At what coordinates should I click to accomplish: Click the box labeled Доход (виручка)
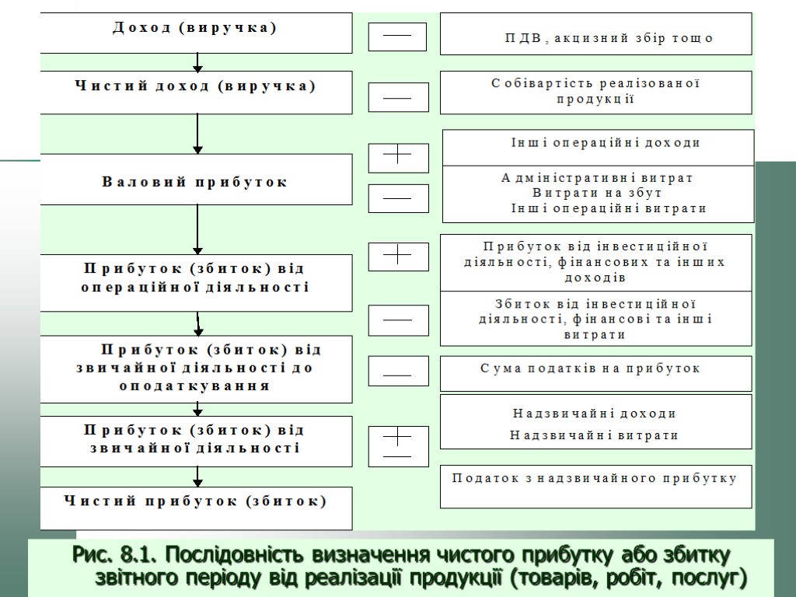pos(196,32)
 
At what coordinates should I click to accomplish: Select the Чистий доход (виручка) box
pos(196,91)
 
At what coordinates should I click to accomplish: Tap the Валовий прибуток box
pos(196,180)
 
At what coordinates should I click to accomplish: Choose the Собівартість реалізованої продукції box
pos(595,93)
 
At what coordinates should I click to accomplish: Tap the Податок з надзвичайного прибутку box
pos(595,486)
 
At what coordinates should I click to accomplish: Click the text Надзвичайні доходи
pos(595,414)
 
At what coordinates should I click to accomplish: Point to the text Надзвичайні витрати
pos(595,435)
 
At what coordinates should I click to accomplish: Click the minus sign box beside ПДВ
pos(397,37)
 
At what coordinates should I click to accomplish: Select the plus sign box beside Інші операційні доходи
pos(398,158)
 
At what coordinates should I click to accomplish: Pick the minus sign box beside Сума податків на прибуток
pos(397,371)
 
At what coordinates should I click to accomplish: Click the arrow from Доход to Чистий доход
pos(198,62)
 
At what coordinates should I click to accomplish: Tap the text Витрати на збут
pos(597,193)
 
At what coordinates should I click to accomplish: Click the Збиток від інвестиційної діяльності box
pos(595,319)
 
